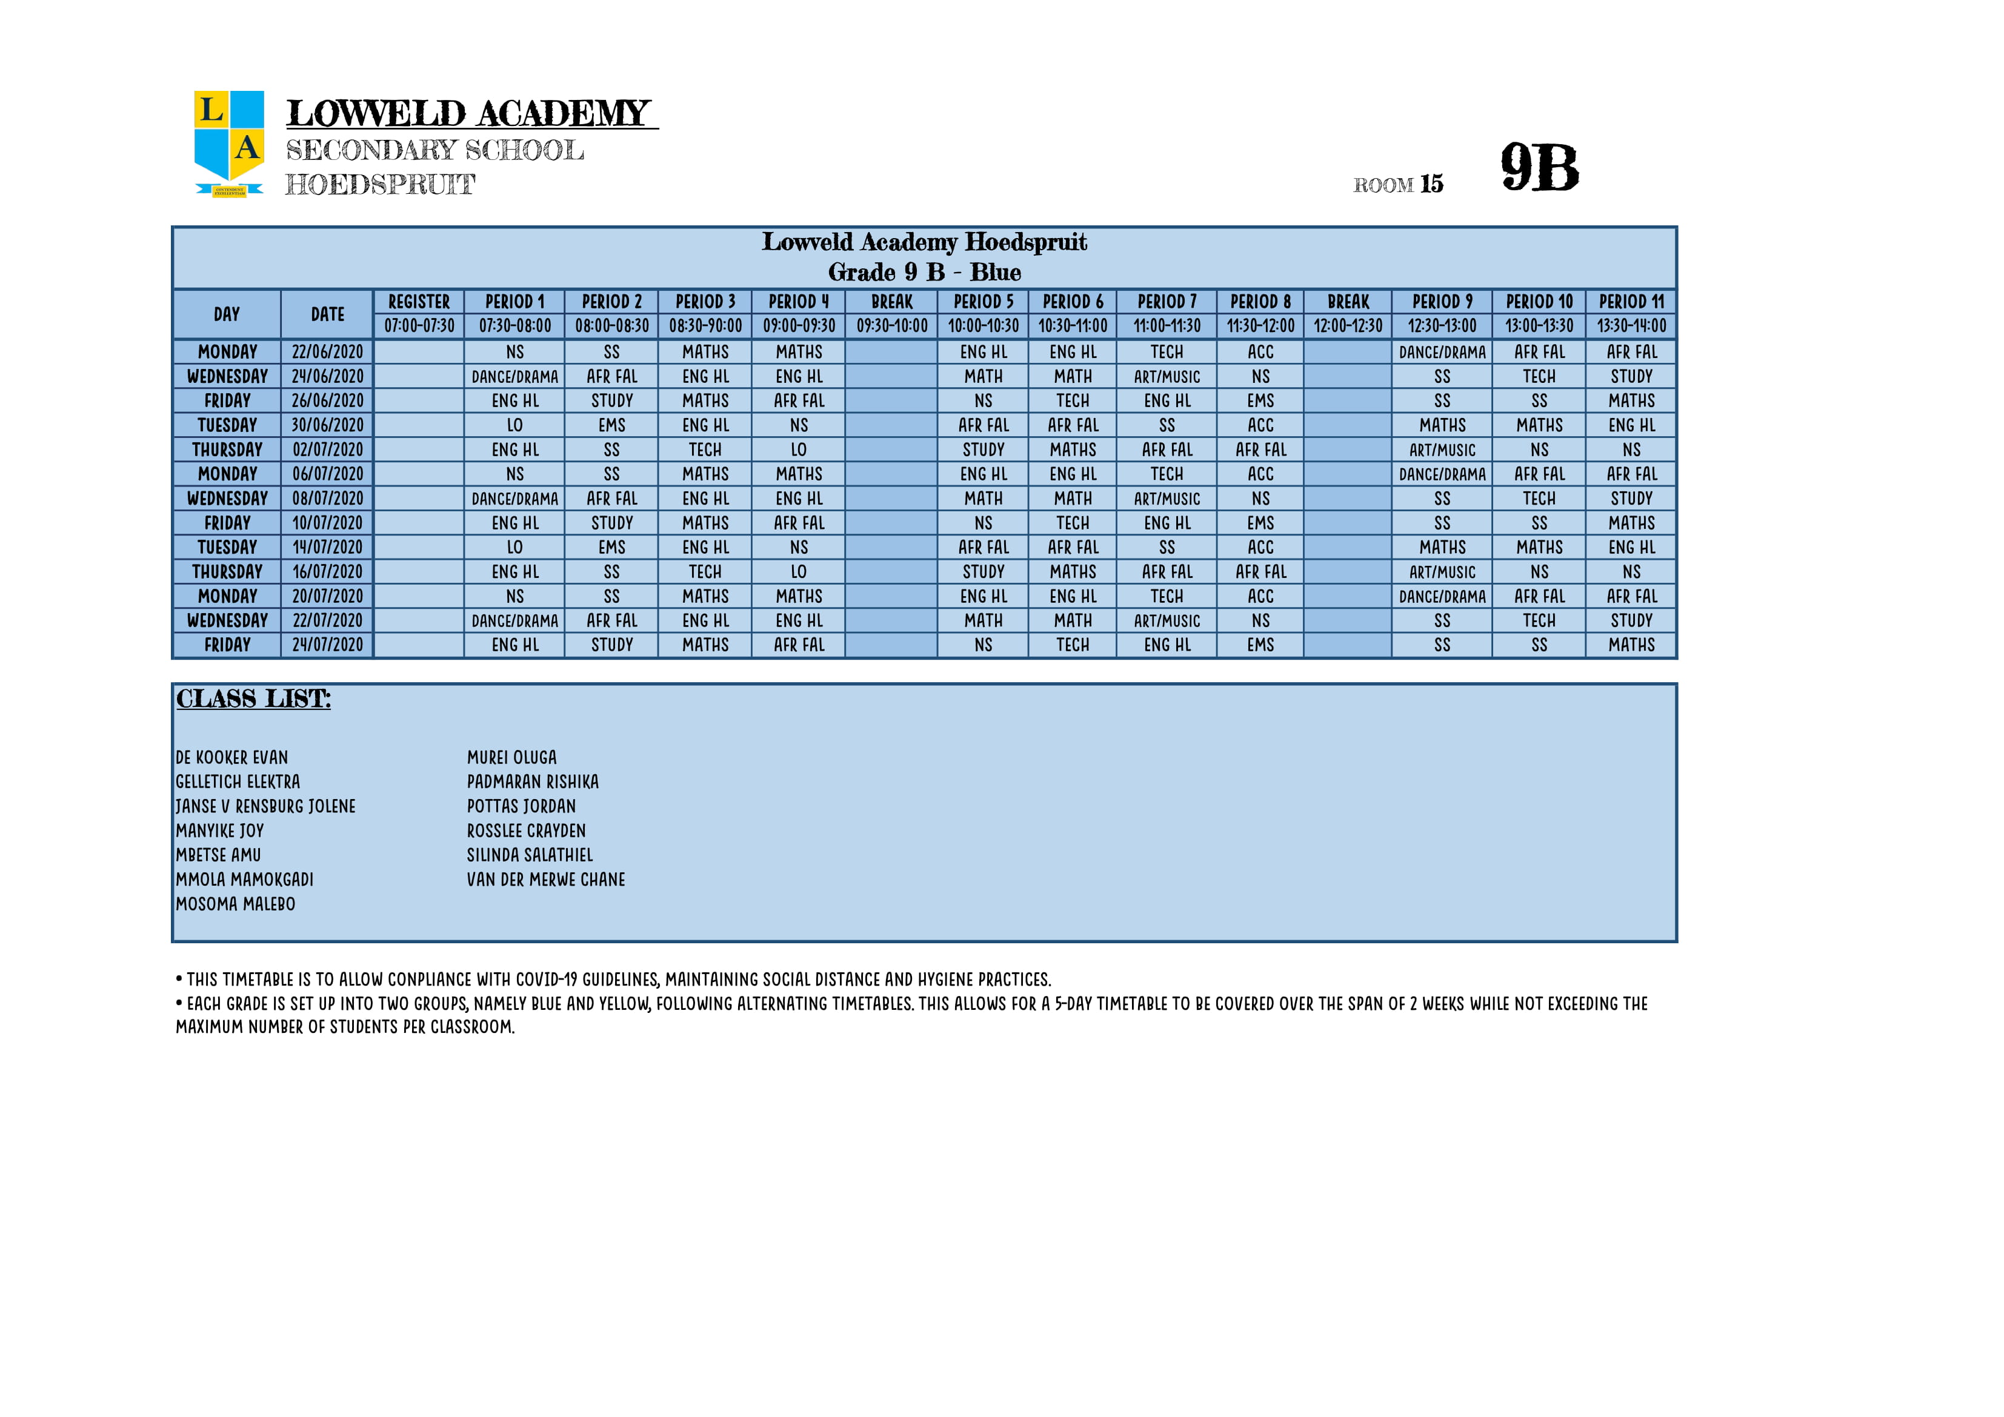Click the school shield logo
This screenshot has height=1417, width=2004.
click(x=228, y=142)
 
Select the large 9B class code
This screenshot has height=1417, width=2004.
click(x=1540, y=168)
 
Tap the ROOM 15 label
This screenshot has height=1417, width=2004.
click(x=1397, y=184)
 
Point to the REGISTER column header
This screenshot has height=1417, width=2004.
click(x=419, y=302)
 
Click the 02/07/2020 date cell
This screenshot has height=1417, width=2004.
click(x=327, y=450)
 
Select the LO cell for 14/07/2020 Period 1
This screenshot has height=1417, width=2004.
click(x=515, y=548)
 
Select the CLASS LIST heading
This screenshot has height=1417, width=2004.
click(x=253, y=699)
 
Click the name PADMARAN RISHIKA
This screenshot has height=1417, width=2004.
click(x=533, y=782)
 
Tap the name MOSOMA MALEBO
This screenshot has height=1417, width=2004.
click(x=236, y=904)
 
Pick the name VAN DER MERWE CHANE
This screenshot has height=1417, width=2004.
click(x=545, y=880)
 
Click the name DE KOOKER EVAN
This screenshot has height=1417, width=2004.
click(x=232, y=757)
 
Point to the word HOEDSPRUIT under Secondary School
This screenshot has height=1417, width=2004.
click(x=381, y=185)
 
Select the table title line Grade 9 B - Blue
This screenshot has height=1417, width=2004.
click(x=924, y=272)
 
